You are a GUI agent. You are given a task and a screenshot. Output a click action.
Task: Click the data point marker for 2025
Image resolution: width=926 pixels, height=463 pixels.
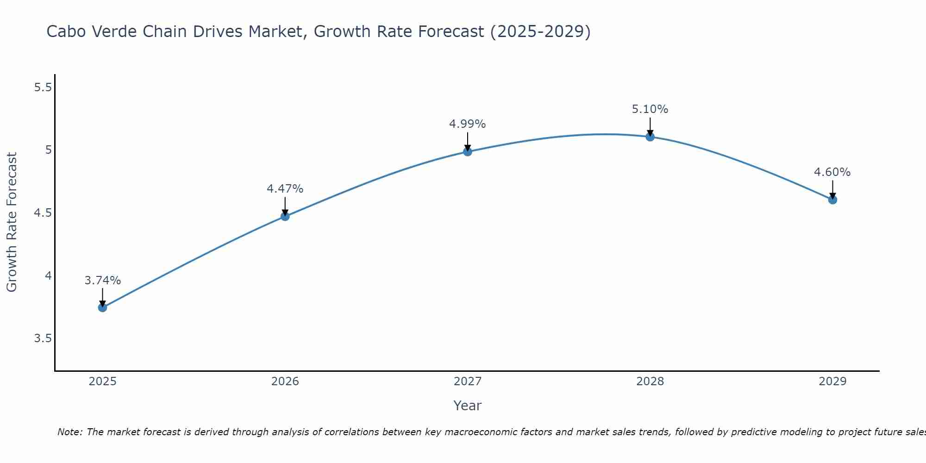coord(103,307)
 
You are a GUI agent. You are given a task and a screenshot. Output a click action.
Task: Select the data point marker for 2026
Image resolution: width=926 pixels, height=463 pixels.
coord(285,216)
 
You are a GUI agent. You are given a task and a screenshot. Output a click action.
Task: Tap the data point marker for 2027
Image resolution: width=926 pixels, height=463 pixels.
coord(468,151)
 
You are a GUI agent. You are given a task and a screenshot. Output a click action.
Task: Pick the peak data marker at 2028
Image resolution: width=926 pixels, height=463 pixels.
coord(650,137)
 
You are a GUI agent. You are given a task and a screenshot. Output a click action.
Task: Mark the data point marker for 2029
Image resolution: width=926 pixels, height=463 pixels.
coord(832,200)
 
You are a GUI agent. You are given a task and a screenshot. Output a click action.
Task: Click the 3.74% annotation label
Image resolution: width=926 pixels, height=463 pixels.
coord(103,281)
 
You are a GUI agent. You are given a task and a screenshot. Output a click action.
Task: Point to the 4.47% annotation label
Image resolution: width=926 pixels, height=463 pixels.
coord(285,189)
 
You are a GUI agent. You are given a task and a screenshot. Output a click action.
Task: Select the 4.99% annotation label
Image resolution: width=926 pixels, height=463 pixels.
coord(468,124)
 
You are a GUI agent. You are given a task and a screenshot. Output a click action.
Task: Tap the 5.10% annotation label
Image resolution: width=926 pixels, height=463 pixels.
coord(650,109)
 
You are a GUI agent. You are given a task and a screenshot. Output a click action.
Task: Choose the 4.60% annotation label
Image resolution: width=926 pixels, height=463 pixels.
coord(832,172)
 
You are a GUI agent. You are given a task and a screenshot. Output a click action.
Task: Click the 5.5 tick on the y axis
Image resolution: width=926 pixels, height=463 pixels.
coord(43,87)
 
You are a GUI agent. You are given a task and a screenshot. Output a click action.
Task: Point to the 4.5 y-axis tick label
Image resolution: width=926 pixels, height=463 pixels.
coord(43,213)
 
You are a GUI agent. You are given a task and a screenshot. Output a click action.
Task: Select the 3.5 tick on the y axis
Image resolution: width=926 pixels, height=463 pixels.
coord(43,338)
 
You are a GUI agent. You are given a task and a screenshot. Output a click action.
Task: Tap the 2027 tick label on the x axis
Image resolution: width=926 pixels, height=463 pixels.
coord(468,382)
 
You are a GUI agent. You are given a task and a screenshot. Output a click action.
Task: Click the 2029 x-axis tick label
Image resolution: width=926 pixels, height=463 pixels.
coord(832,382)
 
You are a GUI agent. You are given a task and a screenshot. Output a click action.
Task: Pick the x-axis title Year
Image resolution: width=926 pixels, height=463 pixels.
coord(468,406)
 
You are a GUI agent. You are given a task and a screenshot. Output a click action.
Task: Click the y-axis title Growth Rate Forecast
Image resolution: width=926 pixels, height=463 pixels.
coord(12,222)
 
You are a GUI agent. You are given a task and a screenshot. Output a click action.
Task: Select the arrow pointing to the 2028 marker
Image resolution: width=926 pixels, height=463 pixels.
coord(650,126)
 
